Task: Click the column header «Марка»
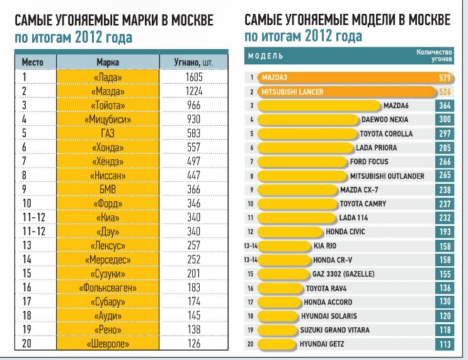pos(108,63)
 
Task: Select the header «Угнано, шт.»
pos(196,63)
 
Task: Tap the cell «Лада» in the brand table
pos(108,77)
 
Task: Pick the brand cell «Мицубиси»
pos(108,119)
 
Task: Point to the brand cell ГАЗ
pos(108,133)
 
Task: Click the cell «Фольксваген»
pos(108,287)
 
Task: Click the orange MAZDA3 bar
pos(340,78)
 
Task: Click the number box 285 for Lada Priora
pos(445,148)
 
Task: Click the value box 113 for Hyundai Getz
pos(445,344)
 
